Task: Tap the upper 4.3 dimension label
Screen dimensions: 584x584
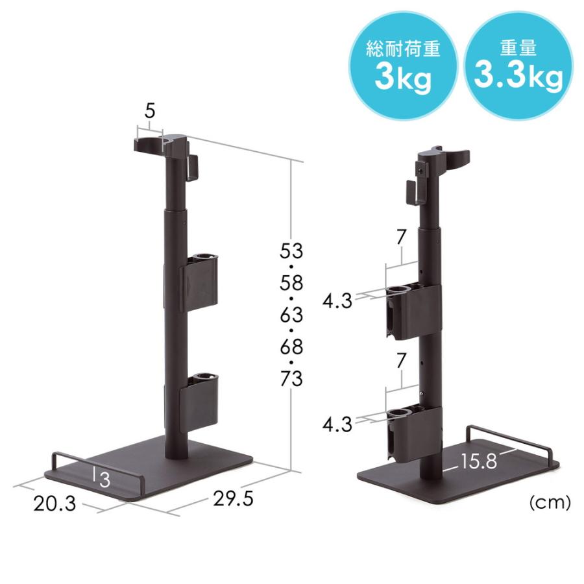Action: tap(337, 300)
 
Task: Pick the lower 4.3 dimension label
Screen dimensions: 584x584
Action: tap(337, 425)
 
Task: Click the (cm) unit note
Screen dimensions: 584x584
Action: tap(550, 502)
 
